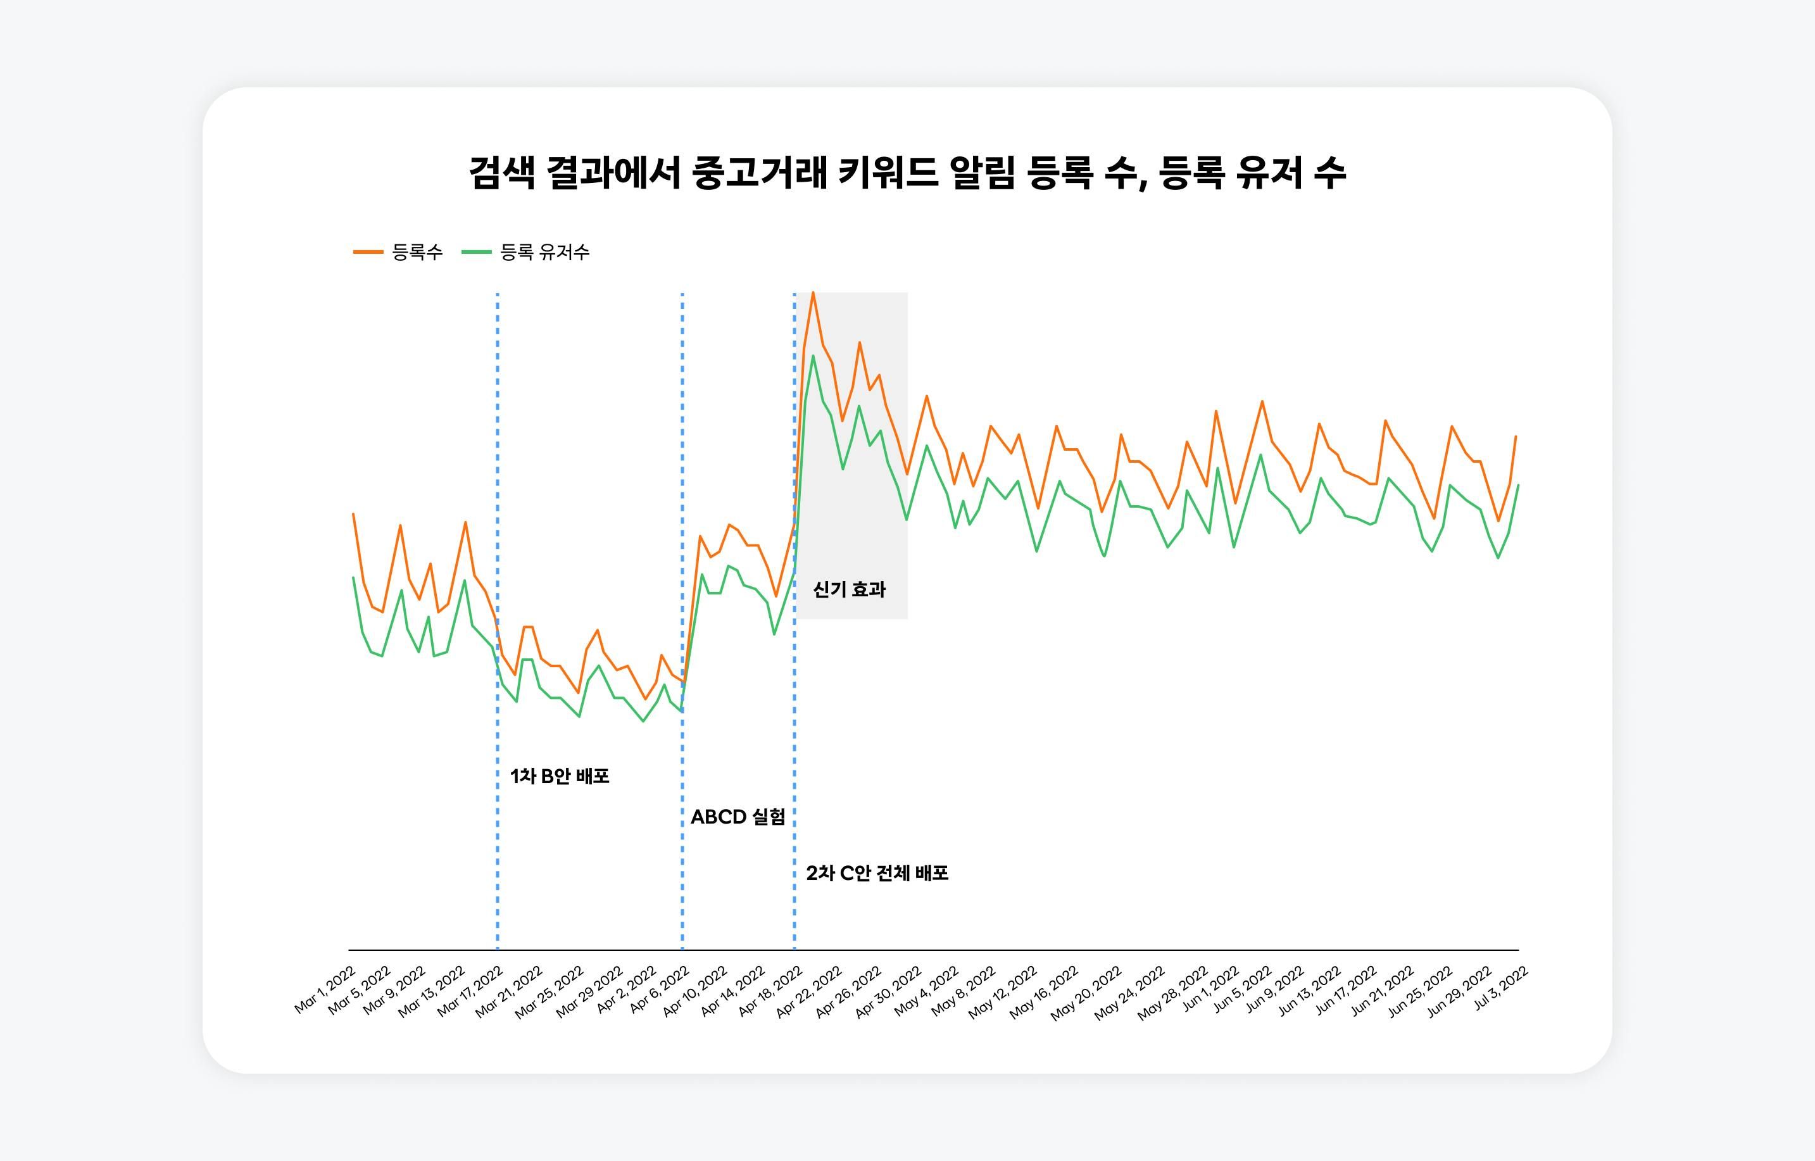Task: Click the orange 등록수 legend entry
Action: [x=399, y=252]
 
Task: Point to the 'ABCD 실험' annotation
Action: [x=738, y=817]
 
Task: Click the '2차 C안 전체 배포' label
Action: [x=877, y=873]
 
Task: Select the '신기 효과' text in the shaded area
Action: [x=849, y=589]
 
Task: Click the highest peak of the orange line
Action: [x=812, y=292]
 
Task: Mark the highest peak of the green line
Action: [x=813, y=356]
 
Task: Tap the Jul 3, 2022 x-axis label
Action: [x=1501, y=988]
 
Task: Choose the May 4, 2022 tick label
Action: [x=926, y=991]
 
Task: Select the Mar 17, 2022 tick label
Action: [x=470, y=991]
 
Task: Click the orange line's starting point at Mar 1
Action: [x=353, y=514]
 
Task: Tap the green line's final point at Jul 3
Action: [x=1518, y=486]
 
